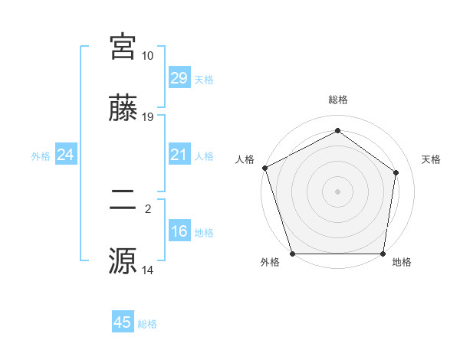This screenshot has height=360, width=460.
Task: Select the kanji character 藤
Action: (123, 110)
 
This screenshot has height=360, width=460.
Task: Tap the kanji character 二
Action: (123, 201)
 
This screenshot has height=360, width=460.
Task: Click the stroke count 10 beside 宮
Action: (147, 56)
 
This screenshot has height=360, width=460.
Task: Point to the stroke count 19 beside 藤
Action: (148, 117)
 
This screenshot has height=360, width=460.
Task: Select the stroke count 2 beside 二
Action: (147, 208)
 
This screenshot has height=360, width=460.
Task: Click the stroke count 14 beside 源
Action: (148, 270)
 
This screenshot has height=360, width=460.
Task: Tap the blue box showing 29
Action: (179, 77)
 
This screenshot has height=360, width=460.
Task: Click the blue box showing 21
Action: (179, 155)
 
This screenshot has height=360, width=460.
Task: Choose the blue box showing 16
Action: (179, 231)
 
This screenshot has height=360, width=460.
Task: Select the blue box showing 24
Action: (65, 155)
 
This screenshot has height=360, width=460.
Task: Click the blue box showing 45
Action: (123, 322)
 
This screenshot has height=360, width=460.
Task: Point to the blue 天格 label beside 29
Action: (204, 79)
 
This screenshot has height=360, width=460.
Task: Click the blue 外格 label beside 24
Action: (41, 156)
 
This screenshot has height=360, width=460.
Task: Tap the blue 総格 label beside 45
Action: (147, 324)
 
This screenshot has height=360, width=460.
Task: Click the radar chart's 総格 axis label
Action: (337, 100)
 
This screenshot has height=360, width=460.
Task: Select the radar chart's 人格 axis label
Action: (245, 159)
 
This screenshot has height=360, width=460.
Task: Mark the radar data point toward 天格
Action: (396, 172)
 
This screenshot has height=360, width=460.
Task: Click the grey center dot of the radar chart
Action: (337, 191)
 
